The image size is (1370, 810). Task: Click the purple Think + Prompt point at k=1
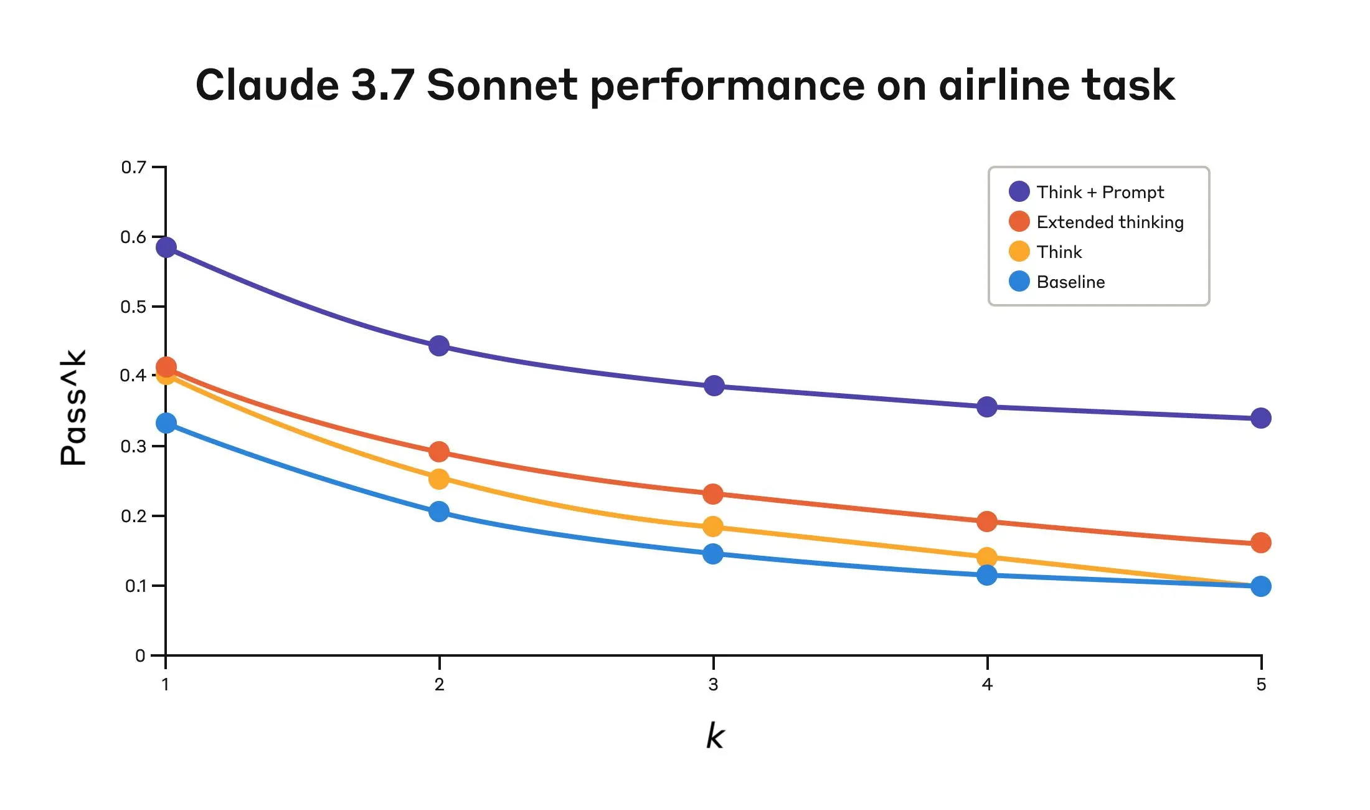coord(166,247)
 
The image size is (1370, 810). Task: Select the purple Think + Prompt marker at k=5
coord(1260,418)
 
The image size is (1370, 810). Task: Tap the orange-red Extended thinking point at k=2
coord(439,452)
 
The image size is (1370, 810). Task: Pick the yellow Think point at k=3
coord(713,526)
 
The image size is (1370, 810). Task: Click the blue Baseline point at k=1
coord(166,423)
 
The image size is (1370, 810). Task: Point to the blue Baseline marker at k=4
coord(986,575)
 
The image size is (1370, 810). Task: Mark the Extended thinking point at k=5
coord(1260,543)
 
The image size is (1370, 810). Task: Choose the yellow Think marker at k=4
coord(986,556)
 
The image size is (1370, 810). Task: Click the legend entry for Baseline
coord(1070,282)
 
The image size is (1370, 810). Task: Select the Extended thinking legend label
coord(1110,222)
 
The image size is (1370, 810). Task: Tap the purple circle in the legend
coord(1019,191)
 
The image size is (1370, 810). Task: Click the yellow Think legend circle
coord(1019,251)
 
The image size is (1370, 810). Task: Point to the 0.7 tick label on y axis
coord(133,167)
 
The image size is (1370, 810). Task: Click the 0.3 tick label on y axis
coord(133,446)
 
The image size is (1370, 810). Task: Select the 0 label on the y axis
coord(140,655)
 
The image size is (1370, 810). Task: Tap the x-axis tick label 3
coord(713,684)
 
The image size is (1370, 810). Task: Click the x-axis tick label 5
coord(1260,684)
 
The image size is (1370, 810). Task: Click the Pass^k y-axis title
coord(73,408)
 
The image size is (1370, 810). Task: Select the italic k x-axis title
coord(715,736)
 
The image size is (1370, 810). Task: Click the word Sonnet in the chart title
coord(502,85)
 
